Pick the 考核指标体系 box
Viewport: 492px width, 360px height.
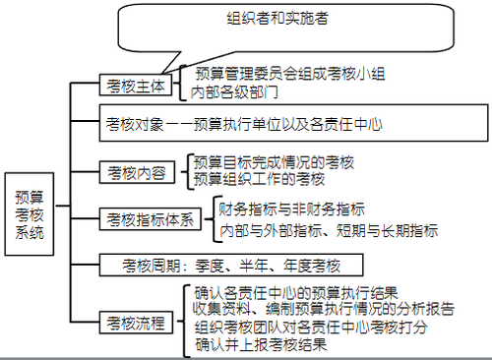pos(151,219)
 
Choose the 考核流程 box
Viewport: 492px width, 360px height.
pos(137,321)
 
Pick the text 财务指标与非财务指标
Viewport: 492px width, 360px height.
pos(291,209)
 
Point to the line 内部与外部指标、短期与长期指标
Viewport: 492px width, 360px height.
pos(329,230)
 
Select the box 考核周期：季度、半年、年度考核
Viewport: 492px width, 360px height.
pos(231,265)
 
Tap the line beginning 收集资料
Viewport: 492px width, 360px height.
pos(324,309)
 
